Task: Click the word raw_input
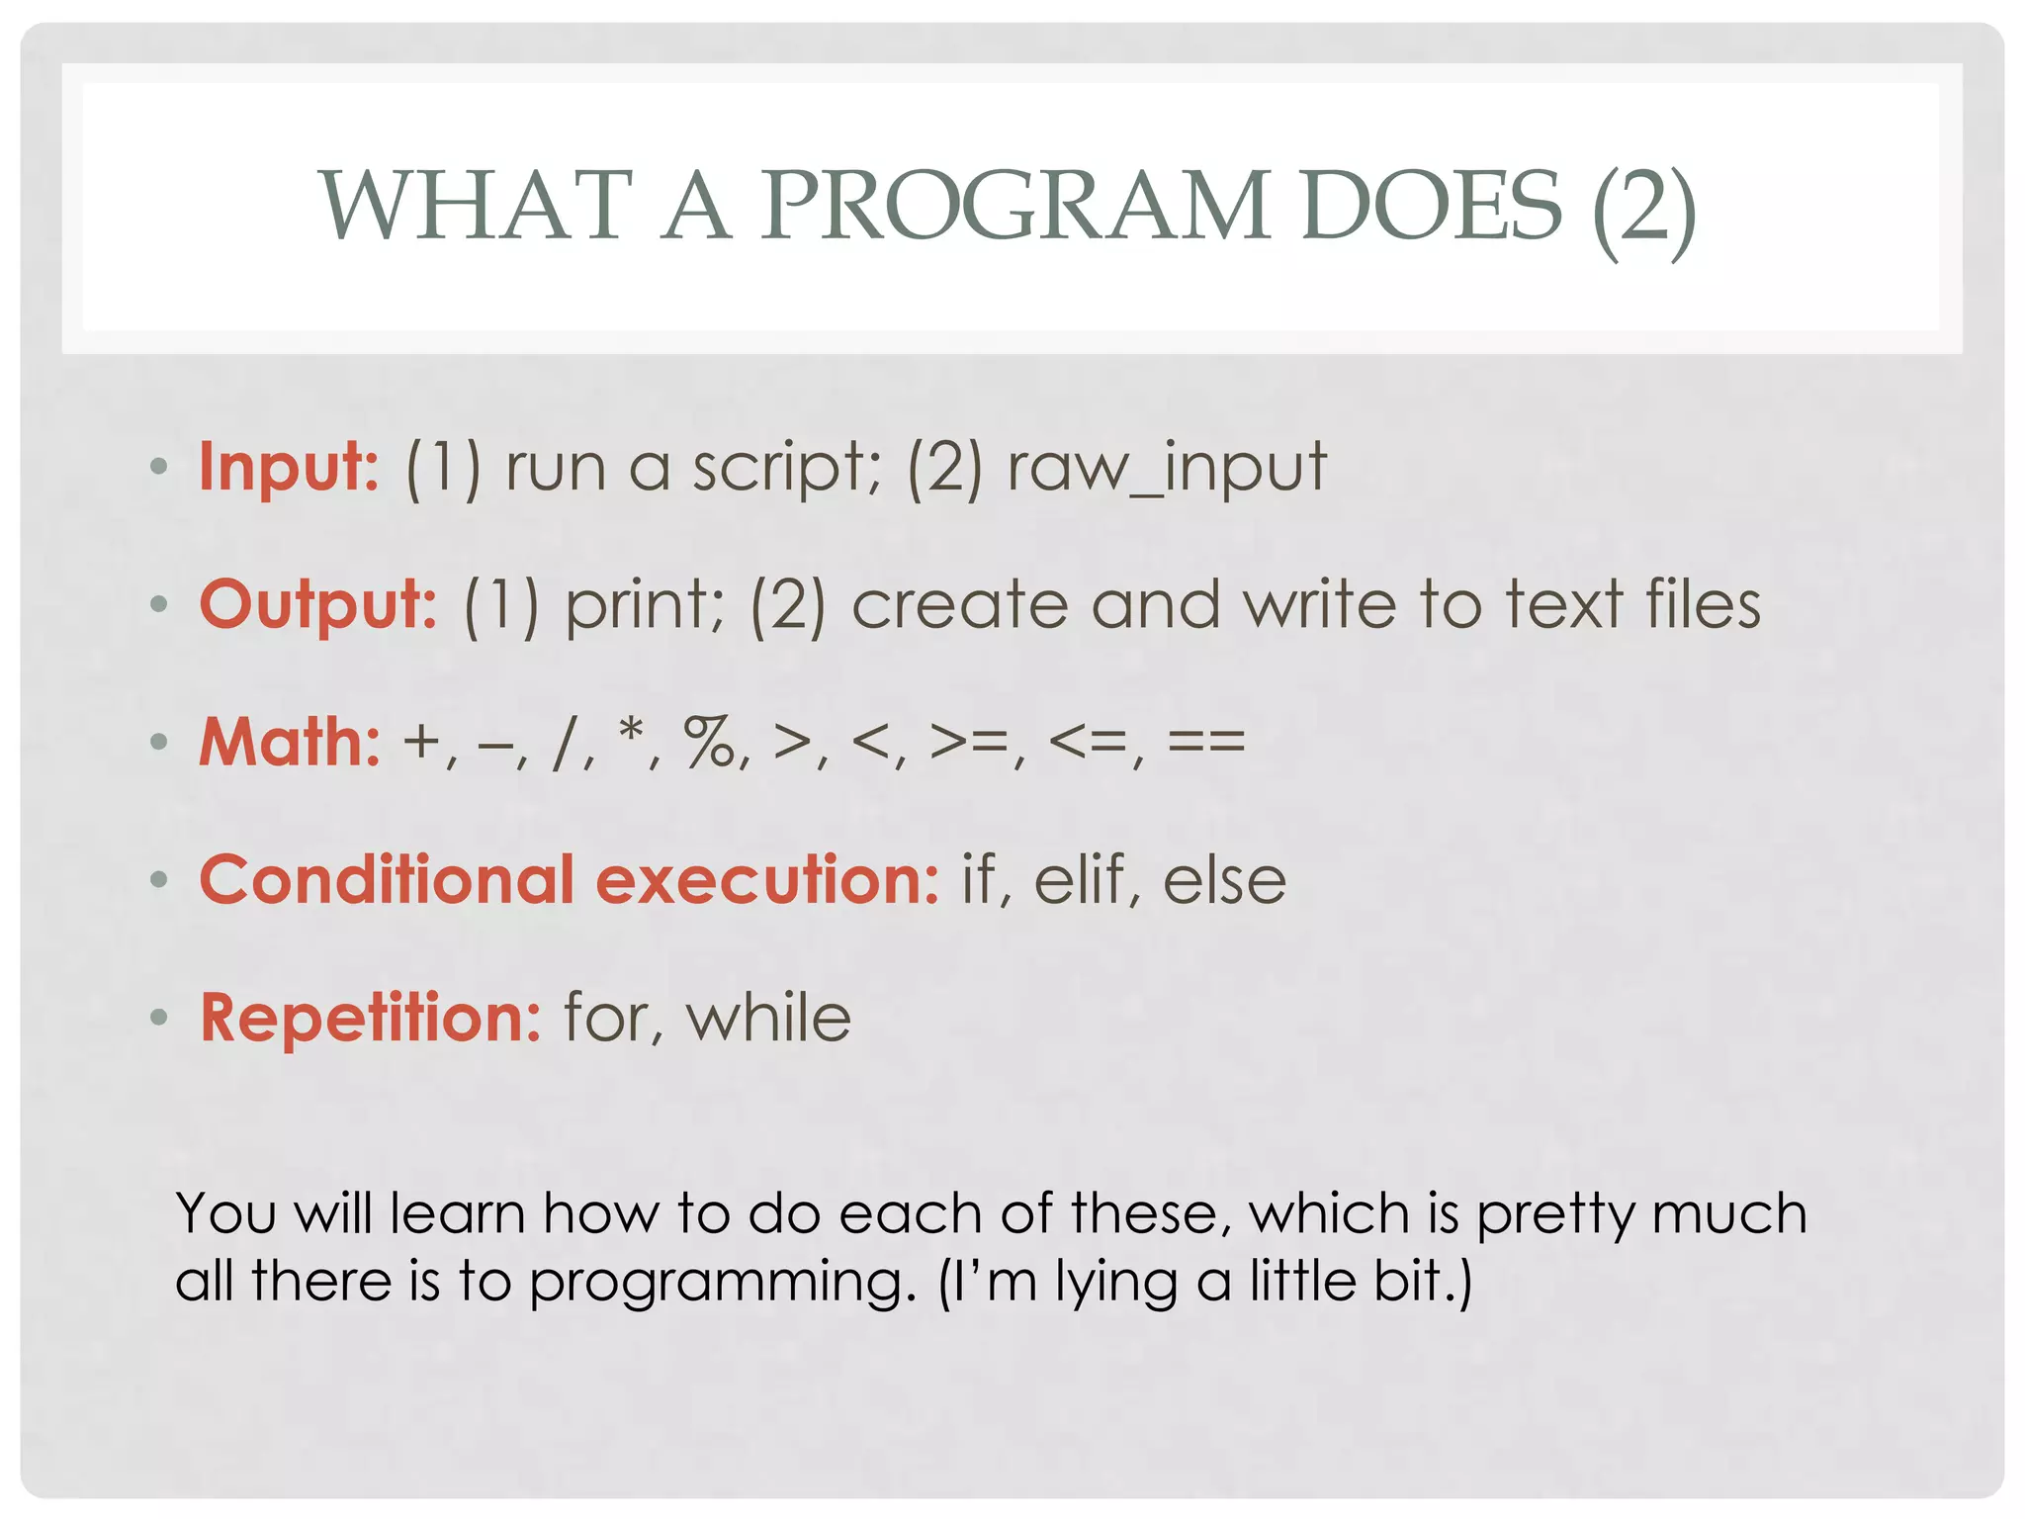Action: coord(1167,468)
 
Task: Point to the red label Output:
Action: coord(318,604)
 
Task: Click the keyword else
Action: coord(1224,879)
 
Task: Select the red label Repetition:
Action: coord(371,1018)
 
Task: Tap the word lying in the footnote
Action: coord(1116,1283)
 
